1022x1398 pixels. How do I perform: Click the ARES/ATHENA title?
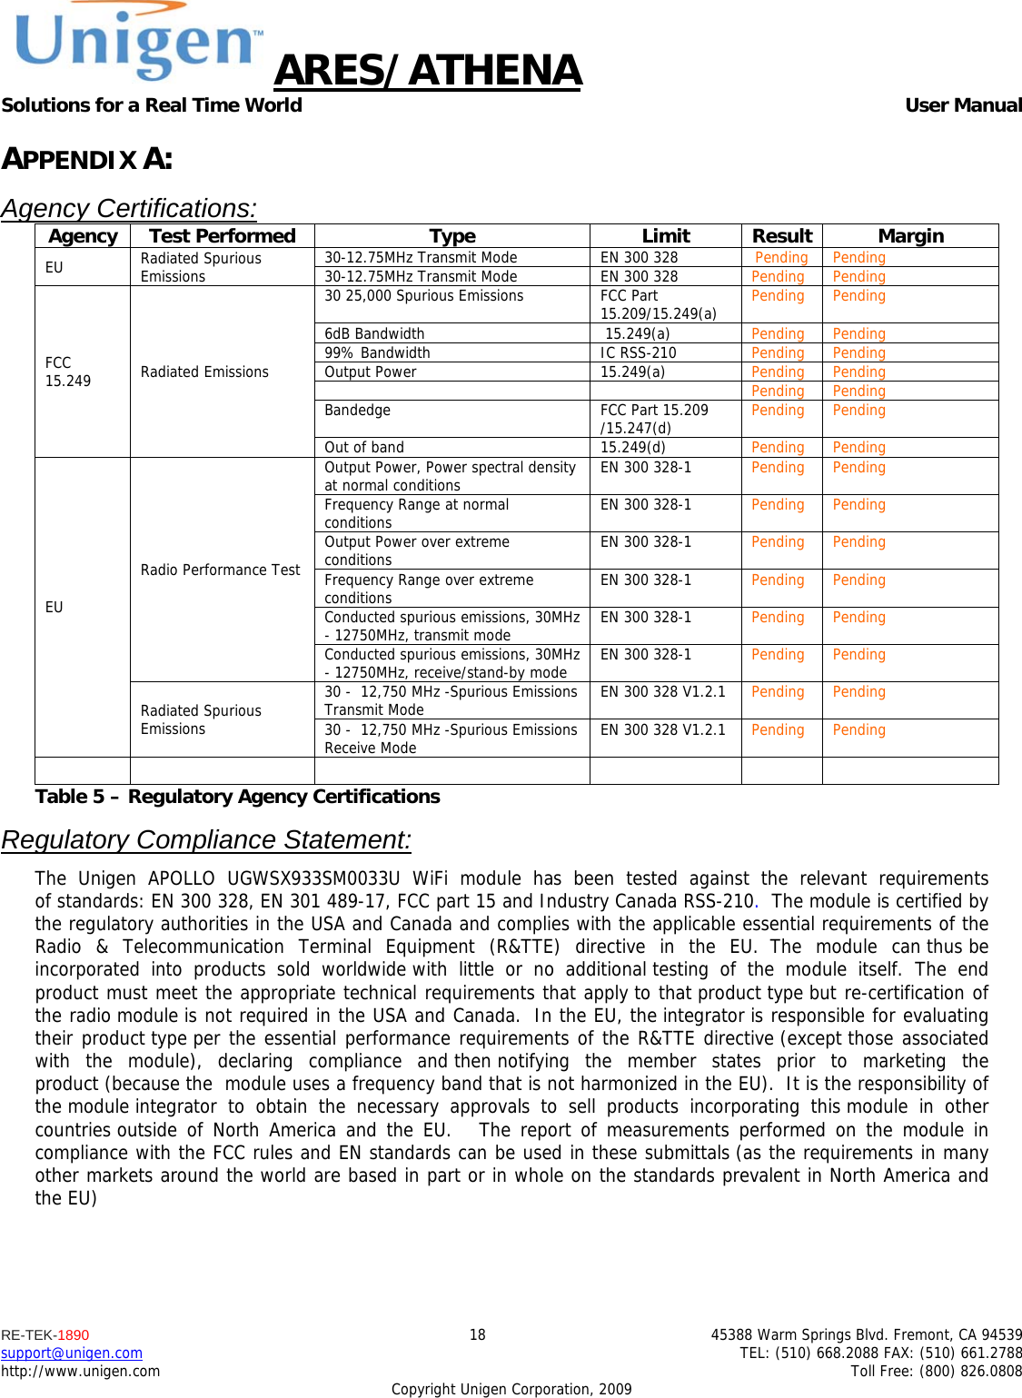427,71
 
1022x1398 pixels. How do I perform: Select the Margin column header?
910,236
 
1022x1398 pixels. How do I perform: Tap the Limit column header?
665,236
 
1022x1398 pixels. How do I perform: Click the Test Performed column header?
222,236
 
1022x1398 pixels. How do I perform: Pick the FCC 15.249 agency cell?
68,372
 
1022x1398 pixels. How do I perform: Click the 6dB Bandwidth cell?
374,334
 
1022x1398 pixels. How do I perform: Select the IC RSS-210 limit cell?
638,353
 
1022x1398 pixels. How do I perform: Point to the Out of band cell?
364,448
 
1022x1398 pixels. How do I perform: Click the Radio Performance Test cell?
220,570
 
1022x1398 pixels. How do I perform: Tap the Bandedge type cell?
357,411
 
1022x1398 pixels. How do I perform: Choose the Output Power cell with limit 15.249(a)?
371,372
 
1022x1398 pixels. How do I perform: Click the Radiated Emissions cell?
204,372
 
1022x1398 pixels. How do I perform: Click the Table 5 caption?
237,797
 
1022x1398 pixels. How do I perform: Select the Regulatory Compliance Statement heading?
206,839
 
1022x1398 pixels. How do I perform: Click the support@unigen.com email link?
72,1353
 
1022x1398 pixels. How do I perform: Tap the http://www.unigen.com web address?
80,1372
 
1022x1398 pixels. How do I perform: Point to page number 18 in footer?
477,1335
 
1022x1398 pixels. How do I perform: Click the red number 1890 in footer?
73,1335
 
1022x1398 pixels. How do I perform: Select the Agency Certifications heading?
129,209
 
